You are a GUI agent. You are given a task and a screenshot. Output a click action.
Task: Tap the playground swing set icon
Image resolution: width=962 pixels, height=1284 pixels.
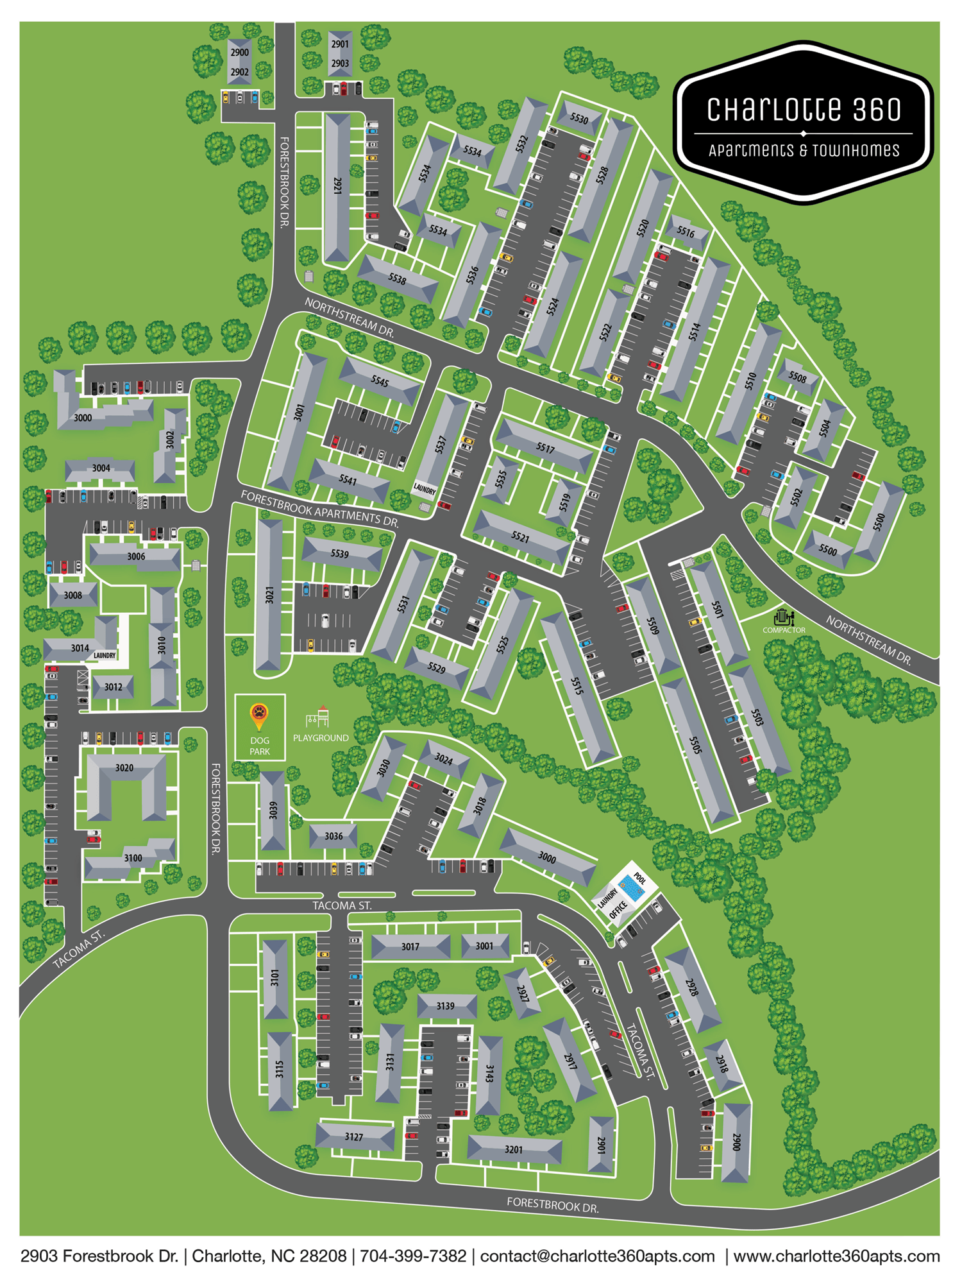pyautogui.click(x=319, y=717)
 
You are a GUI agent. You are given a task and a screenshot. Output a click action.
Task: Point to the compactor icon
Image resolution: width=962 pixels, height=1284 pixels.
pyautogui.click(x=783, y=617)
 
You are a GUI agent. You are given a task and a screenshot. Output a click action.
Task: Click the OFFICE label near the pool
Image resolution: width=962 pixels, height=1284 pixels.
pyautogui.click(x=618, y=910)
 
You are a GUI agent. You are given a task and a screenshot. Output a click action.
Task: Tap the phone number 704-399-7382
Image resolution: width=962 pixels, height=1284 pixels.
pyautogui.click(x=413, y=1256)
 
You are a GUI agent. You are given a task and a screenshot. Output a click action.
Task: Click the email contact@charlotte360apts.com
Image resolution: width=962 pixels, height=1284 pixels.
pyautogui.click(x=597, y=1256)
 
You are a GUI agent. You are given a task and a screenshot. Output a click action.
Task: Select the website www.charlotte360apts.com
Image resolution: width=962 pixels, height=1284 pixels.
pyautogui.click(x=836, y=1256)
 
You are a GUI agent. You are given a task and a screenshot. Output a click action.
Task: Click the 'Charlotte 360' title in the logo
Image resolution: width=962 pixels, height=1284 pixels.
pyautogui.click(x=804, y=110)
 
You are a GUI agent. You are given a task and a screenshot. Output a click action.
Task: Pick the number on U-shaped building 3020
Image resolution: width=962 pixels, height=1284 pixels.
pyautogui.click(x=124, y=767)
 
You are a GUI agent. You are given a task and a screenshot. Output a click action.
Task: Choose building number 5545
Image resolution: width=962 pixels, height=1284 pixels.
pyautogui.click(x=380, y=381)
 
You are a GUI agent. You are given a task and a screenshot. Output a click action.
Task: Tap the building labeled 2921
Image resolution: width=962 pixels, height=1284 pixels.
pyautogui.click(x=337, y=186)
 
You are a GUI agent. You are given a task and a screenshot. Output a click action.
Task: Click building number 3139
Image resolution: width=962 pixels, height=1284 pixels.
pyautogui.click(x=446, y=1006)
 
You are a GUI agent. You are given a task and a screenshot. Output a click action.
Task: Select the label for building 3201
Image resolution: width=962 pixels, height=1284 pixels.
pyautogui.click(x=514, y=1149)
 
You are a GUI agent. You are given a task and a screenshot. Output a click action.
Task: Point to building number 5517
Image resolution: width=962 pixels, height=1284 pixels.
pyautogui.click(x=545, y=447)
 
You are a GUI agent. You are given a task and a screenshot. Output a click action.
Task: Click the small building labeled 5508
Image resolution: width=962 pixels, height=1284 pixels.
pyautogui.click(x=797, y=377)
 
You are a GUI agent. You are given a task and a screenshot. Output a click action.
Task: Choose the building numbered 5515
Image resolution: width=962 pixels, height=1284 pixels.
pyautogui.click(x=577, y=686)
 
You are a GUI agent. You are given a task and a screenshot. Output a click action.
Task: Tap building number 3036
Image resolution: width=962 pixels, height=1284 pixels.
pyautogui.click(x=333, y=836)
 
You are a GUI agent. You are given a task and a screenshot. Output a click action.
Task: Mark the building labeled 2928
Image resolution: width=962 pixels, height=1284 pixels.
pyautogui.click(x=692, y=988)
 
